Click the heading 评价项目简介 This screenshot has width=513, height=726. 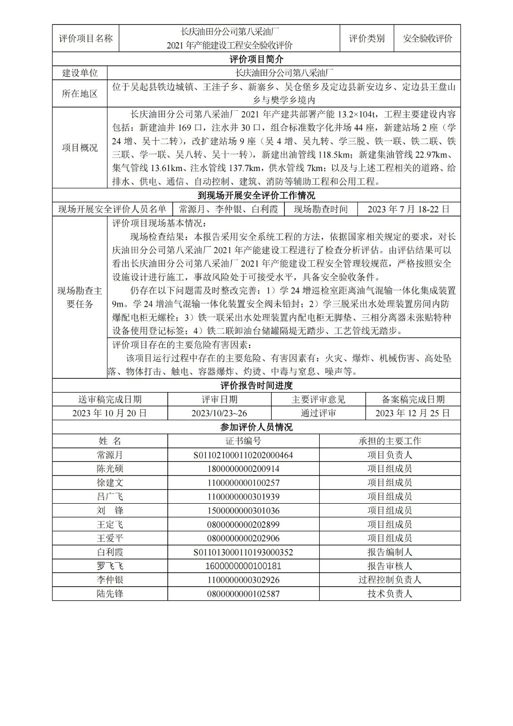pyautogui.click(x=256, y=59)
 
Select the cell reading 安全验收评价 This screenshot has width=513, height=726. pyautogui.click(x=427, y=39)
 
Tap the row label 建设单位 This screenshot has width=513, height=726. pyautogui.click(x=79, y=73)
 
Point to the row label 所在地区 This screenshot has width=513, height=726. pyautogui.click(x=79, y=93)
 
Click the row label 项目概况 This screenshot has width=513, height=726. pyautogui.click(x=79, y=147)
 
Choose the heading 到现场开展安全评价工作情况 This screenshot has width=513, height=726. pyautogui.click(x=256, y=196)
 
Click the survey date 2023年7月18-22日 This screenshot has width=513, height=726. pyautogui.click(x=408, y=209)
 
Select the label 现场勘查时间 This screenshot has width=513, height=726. pyautogui.click(x=321, y=209)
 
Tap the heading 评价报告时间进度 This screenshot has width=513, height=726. pyautogui.click(x=256, y=386)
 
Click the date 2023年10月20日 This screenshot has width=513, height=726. pyautogui.click(x=110, y=413)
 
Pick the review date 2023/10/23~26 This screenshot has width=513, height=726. pyautogui.click(x=219, y=413)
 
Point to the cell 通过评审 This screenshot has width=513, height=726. pyautogui.click(x=318, y=413)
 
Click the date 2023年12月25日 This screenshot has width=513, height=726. pyautogui.click(x=412, y=413)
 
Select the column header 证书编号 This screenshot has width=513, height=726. pyautogui.click(x=243, y=441)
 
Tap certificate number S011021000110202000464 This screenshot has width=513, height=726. pyautogui.click(x=243, y=455)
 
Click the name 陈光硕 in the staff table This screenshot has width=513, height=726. pyautogui.click(x=110, y=469)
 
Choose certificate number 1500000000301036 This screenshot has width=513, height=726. pyautogui.click(x=243, y=510)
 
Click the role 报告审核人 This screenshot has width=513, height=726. pyautogui.click(x=389, y=566)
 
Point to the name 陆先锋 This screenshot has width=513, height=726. pyautogui.click(x=110, y=594)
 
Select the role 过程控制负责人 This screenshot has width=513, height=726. pyautogui.click(x=389, y=580)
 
